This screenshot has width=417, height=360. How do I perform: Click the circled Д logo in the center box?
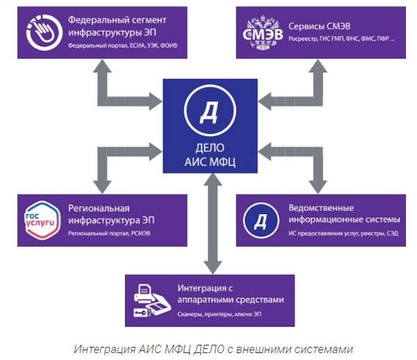(208, 112)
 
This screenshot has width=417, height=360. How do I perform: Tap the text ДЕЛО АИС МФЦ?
(208, 157)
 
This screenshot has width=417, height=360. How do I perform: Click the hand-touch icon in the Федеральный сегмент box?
(43, 32)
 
